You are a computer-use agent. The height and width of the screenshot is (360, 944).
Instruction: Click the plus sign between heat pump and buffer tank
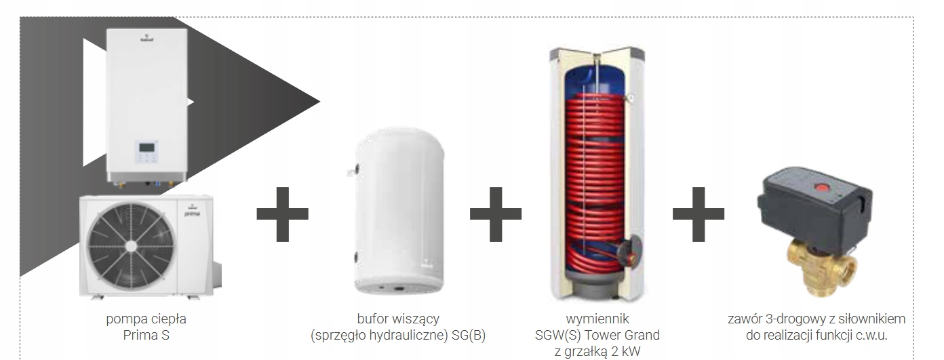282,216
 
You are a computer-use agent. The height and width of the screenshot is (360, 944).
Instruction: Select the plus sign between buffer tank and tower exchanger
496,216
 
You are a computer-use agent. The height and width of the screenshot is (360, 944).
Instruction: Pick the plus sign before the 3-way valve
698,216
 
